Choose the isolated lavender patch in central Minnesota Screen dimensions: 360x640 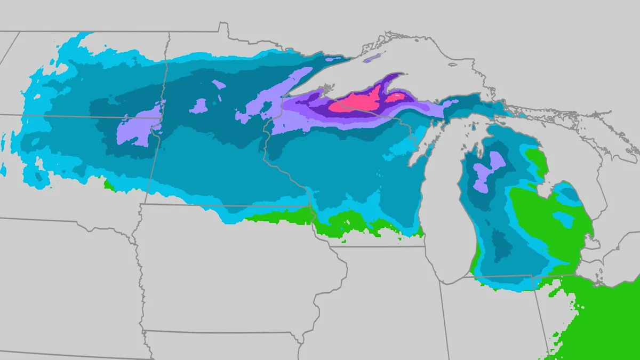coord(198,106)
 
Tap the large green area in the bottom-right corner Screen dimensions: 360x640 coord(603,320)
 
